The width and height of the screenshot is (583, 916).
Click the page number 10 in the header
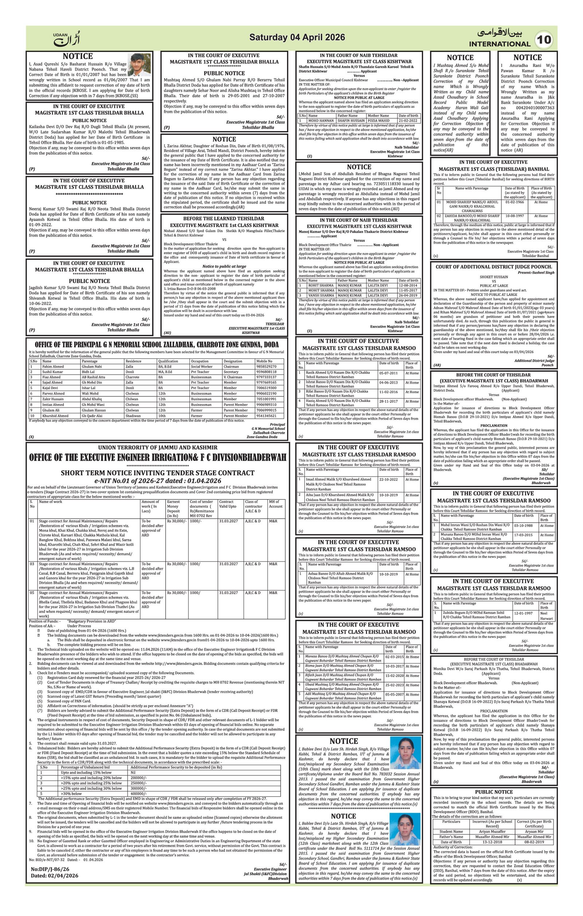[545, 40]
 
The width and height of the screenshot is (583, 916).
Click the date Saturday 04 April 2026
[297, 37]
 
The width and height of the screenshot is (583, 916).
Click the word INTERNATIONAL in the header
[499, 44]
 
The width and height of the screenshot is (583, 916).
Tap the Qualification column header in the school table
[168, 361]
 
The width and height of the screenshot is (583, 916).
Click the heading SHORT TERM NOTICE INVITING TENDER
[157, 473]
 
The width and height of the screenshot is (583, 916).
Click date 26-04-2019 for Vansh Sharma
[408, 295]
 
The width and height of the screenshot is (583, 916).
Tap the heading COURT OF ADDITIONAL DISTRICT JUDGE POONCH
[494, 267]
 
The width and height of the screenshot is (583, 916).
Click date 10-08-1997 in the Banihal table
[514, 216]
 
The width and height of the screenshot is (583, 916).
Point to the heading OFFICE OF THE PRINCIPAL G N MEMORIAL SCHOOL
[157, 345]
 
